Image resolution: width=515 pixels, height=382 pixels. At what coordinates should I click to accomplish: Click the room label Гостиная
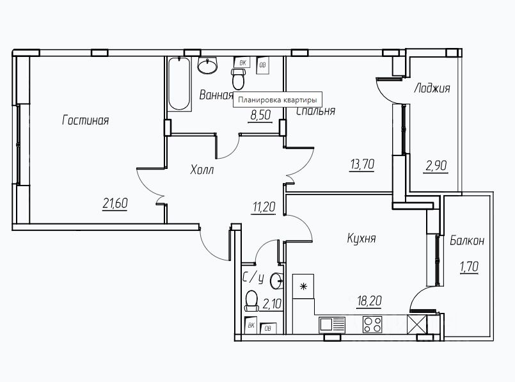tap(86, 120)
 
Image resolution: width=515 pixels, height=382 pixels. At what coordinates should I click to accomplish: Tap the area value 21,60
tap(116, 203)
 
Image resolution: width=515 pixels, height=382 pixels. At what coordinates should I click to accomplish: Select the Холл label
tap(202, 170)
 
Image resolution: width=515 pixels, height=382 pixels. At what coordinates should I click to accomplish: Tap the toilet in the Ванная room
tap(239, 78)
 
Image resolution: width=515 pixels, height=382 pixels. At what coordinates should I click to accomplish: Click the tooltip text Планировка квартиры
tap(278, 100)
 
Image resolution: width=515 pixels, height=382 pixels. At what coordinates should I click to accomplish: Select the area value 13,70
tap(361, 164)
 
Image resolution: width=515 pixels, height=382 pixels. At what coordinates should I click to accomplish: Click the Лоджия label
tap(432, 88)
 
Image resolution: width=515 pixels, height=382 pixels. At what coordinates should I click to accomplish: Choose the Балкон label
tap(466, 241)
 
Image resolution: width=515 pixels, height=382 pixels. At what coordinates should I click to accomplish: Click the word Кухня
tap(361, 239)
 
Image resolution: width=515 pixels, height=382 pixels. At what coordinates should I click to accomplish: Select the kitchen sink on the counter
tap(333, 323)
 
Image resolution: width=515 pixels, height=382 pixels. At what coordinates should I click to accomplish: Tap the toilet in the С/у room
tap(251, 300)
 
